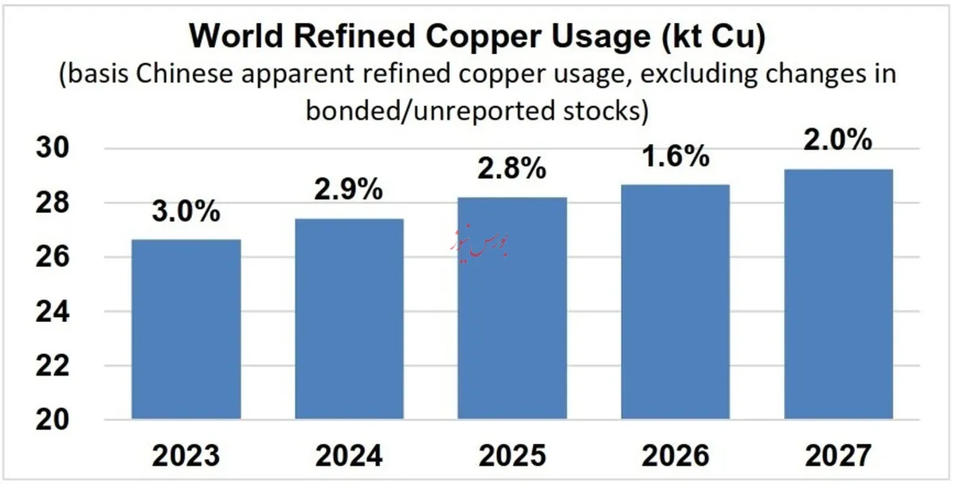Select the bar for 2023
[186, 329]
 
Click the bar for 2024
[349, 319]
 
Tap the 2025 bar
[512, 308]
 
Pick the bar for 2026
[676, 302]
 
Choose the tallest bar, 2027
[838, 294]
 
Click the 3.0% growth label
[186, 211]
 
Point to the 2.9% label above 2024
[349, 189]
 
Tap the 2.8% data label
[511, 167]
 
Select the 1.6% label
[676, 155]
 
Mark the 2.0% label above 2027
[838, 139]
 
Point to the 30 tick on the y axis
[52, 147]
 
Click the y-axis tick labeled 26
[52, 257]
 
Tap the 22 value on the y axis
[52, 366]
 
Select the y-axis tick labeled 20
[52, 419]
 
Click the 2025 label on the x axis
[512, 456]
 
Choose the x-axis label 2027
[838, 456]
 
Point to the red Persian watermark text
[480, 242]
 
